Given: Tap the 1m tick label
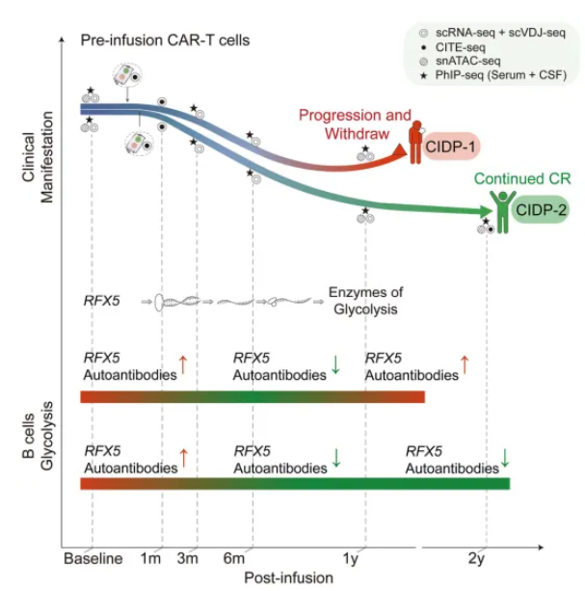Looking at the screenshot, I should (x=151, y=558).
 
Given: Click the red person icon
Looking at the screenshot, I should (x=414, y=143).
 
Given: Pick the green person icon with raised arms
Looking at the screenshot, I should (x=500, y=204).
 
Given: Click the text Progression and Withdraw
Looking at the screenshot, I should (x=354, y=122).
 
